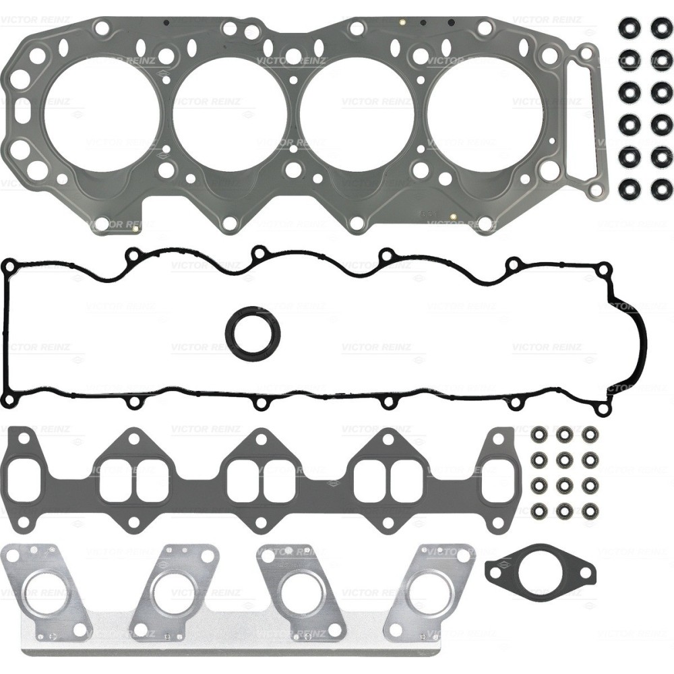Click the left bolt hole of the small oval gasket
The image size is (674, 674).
[x=497, y=574]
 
